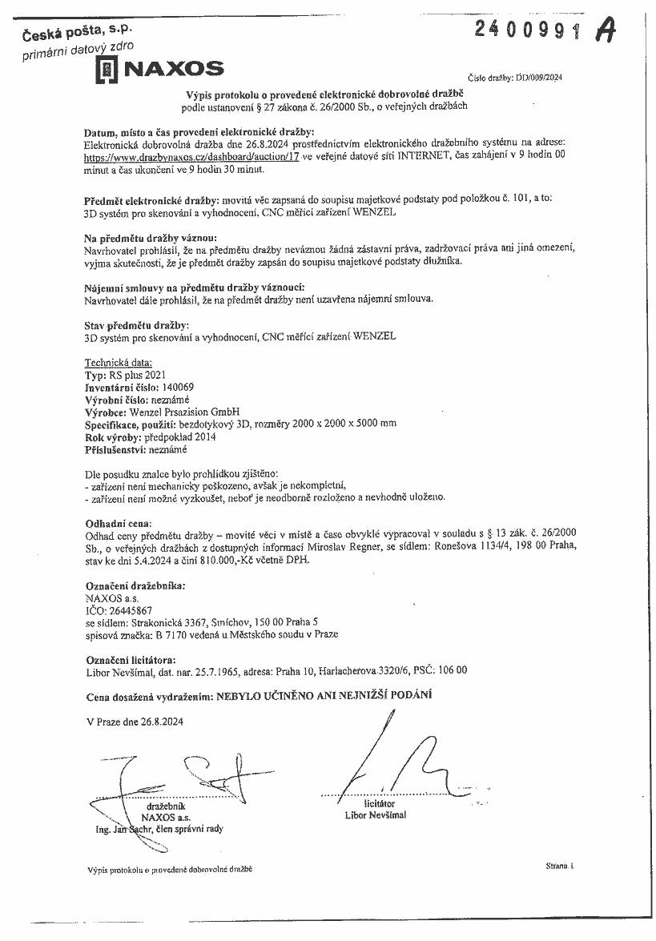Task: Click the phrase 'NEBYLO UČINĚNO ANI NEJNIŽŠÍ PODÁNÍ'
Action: [324, 695]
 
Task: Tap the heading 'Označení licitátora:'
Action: [130, 659]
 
